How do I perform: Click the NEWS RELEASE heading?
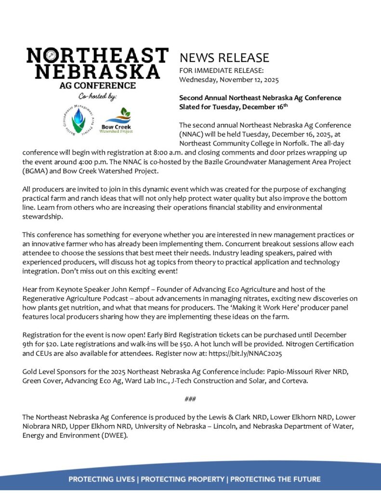224,58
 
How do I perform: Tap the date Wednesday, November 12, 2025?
229,80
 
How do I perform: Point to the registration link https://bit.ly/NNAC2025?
249,353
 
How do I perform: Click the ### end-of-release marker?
190,399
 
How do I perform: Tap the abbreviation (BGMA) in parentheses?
38,170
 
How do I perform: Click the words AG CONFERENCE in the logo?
97,86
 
